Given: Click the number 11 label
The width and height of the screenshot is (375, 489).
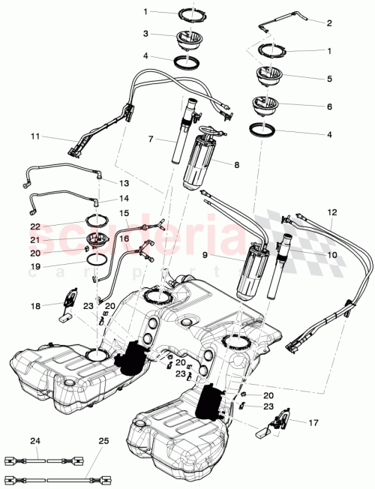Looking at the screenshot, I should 34,137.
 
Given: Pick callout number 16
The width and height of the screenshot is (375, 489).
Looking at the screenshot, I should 124,238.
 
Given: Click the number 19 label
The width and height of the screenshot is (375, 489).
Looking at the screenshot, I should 34,265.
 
